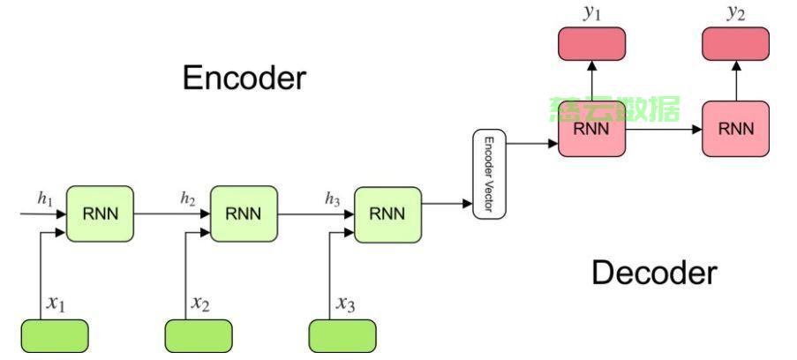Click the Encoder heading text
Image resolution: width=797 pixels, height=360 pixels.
pos(244,78)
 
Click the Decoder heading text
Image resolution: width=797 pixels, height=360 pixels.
pos(654,273)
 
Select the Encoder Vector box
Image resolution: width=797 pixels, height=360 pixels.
pos(487,175)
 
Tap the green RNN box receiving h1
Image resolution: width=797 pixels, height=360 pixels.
pos(101,213)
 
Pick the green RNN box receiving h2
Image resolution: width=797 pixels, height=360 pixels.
pos(244,213)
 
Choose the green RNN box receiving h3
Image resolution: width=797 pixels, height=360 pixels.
pos(387,213)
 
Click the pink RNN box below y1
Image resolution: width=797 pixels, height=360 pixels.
pos(592,129)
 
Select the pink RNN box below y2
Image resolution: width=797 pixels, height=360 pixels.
pos(735,129)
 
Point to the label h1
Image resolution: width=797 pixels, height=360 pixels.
pos(45,199)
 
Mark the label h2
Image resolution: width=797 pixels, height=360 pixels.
pos(188,199)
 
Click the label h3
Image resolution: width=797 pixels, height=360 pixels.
pos(331,199)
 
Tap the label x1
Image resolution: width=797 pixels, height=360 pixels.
pos(56,304)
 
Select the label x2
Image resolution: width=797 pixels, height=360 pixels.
pos(200,304)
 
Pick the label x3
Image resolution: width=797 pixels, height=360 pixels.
pos(344,304)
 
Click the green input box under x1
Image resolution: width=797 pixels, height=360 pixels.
pos(55,336)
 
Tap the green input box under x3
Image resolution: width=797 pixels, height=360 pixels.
pos(342,336)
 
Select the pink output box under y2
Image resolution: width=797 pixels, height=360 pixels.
pos(735,43)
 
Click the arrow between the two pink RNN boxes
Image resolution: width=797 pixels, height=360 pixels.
pos(664,129)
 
